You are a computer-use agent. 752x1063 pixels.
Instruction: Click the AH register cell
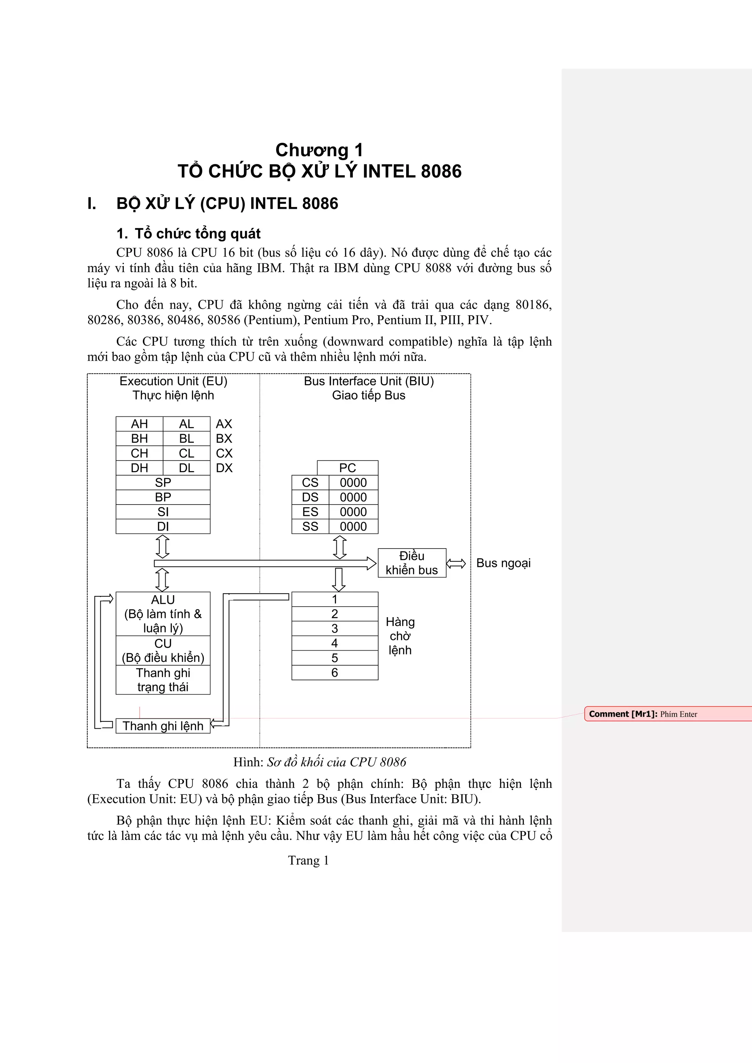tap(140, 424)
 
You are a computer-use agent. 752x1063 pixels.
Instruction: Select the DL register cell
tap(186, 468)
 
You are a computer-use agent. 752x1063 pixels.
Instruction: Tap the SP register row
tap(163, 483)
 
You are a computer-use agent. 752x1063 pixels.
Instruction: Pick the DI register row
tap(163, 527)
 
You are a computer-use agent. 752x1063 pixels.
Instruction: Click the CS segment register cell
tap(310, 483)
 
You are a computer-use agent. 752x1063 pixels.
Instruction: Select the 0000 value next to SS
tap(353, 527)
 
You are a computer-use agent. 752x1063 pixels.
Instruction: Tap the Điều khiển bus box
tap(412, 563)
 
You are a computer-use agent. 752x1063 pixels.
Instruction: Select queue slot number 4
tap(335, 643)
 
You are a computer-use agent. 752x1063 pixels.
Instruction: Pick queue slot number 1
tap(335, 599)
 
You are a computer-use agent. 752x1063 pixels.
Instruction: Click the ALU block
tap(163, 614)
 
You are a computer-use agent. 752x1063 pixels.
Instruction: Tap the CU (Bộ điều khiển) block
tap(163, 651)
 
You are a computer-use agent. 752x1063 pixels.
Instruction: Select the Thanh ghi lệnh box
tap(163, 726)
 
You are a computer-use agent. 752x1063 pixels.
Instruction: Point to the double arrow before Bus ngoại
tap(456, 564)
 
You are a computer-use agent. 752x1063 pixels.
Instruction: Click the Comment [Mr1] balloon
tap(667, 714)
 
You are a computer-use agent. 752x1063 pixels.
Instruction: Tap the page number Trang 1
tap(308, 860)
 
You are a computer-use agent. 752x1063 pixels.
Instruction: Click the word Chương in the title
tap(311, 150)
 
